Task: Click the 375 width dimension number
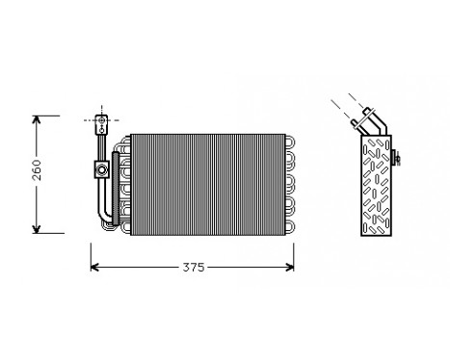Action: coord(194,268)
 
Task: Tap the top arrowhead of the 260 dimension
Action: coord(36,119)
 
